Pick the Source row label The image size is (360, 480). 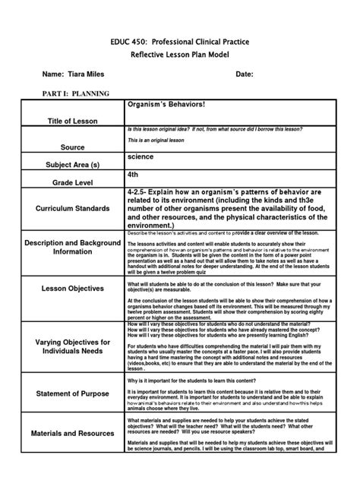74,147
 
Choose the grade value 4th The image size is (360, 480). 134,174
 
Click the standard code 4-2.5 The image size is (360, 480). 142,192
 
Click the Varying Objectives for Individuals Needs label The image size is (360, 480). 74,347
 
